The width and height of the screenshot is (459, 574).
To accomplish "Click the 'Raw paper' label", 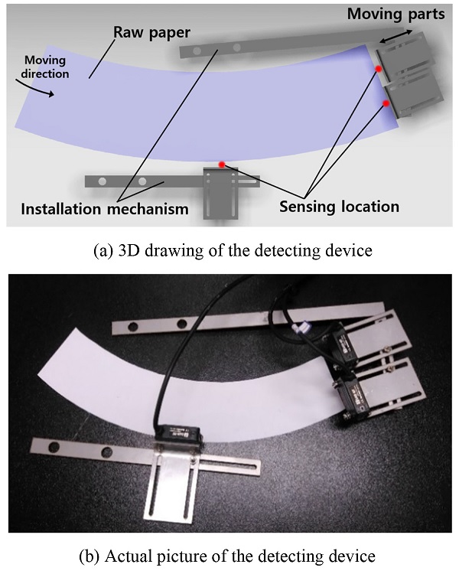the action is pos(151,33).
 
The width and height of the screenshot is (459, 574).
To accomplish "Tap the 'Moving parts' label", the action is pos(396,14).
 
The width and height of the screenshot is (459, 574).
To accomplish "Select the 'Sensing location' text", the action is pos(340,207).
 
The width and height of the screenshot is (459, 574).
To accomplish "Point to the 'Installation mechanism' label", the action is pos(105,209).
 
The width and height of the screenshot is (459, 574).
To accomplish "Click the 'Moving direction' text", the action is pos(45,67).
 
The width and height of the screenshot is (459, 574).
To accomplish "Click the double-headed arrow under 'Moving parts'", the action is pos(396,37).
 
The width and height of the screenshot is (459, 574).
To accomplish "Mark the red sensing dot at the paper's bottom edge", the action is pos(221,165).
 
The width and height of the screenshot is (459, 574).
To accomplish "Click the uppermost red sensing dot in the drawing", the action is pos(379,69).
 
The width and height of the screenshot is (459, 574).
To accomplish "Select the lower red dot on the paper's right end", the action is pos(386,103).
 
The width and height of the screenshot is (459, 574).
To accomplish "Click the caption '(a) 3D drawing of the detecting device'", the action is pos(233,251).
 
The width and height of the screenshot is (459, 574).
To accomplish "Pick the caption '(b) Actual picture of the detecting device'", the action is pos(227,556).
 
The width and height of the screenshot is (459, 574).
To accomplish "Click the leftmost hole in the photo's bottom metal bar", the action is pos(54,447).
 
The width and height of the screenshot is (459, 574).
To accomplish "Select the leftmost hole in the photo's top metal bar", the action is pos(133,325).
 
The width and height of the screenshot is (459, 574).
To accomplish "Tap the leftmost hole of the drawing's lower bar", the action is pos(103,181).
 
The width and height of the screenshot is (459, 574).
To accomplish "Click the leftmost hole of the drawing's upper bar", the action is pos(197,51).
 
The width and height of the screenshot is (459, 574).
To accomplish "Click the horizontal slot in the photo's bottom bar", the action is pos(226,468).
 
